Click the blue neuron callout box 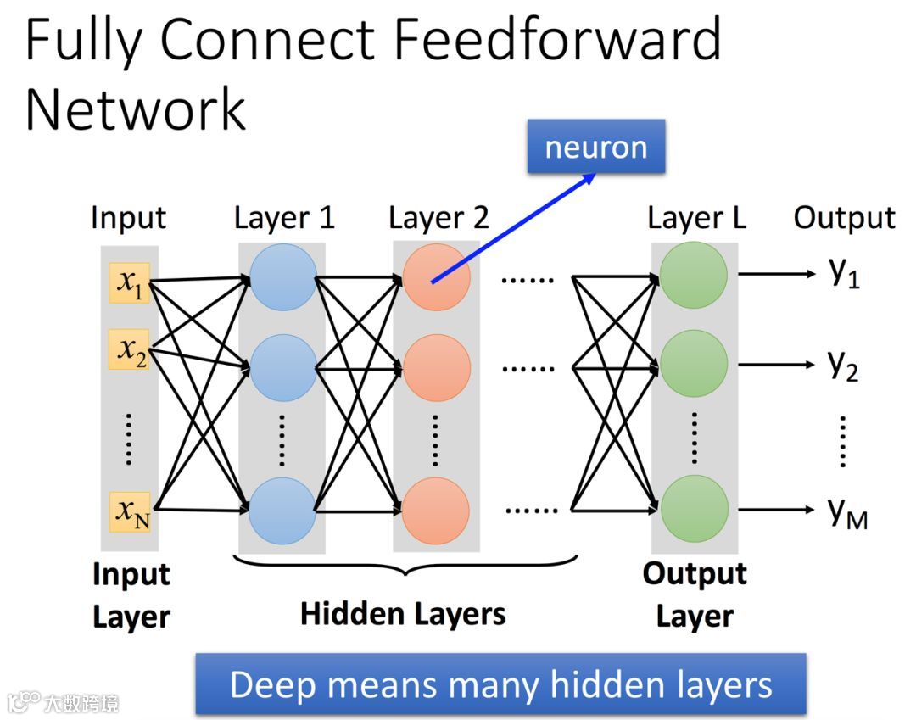pyautogui.click(x=596, y=147)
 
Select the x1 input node pyautogui.click(x=130, y=283)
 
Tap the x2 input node pyautogui.click(x=130, y=349)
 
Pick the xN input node pyautogui.click(x=130, y=512)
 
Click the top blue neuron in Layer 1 pyautogui.click(x=283, y=276)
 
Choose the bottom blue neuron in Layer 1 pyautogui.click(x=282, y=511)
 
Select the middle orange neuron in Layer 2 pyautogui.click(x=437, y=368)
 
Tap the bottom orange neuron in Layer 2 pyautogui.click(x=436, y=511)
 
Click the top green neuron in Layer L pyautogui.click(x=694, y=275)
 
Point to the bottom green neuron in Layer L pyautogui.click(x=695, y=509)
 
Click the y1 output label pyautogui.click(x=844, y=272)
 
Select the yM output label pyautogui.click(x=847, y=513)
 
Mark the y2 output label pyautogui.click(x=844, y=366)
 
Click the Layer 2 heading pyautogui.click(x=438, y=219)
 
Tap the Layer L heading pyautogui.click(x=697, y=219)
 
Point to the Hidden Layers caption pyautogui.click(x=403, y=614)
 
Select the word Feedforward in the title pyautogui.click(x=558, y=40)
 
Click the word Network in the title pyautogui.click(x=136, y=109)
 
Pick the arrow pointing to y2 pyautogui.click(x=776, y=365)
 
